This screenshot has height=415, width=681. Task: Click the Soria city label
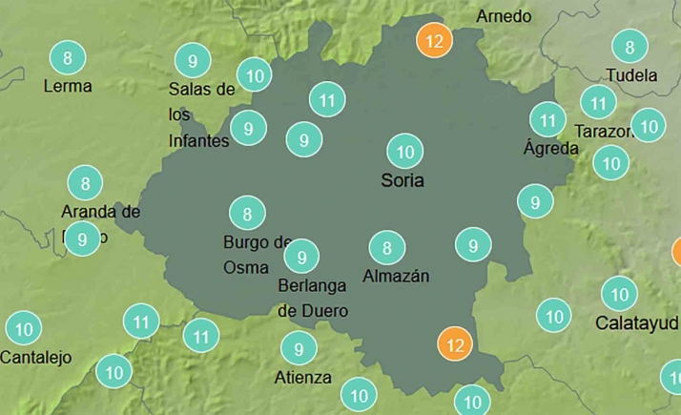[401, 180]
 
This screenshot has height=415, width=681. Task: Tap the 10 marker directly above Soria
[404, 151]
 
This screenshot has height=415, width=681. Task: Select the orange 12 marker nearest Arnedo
[435, 41]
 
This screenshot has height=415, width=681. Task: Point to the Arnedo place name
[504, 16]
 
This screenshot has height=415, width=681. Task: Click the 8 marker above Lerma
[67, 58]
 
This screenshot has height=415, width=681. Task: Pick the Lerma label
[68, 86]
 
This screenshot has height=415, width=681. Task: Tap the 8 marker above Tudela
[629, 46]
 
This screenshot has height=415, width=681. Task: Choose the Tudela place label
[631, 74]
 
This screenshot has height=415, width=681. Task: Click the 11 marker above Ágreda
[547, 120]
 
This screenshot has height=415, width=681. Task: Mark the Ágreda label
[551, 148]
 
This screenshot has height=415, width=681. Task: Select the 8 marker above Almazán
[386, 249]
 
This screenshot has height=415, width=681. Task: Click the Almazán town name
[396, 277]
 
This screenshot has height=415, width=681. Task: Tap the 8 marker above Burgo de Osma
[247, 214]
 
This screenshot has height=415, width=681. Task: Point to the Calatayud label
[636, 322]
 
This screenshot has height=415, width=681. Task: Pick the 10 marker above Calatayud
[620, 294]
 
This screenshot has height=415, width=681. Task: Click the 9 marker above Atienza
[299, 349]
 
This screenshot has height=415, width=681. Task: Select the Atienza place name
[303, 377]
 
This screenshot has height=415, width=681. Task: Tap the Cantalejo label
[36, 358]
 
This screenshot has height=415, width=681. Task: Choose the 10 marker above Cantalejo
[24, 329]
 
